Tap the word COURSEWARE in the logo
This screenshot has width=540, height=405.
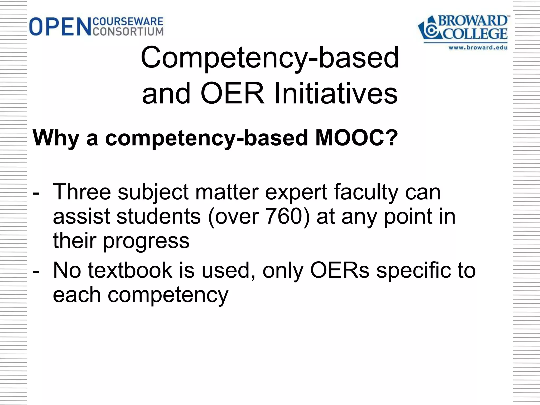[x=128, y=21]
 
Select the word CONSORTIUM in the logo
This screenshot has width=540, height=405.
[x=128, y=31]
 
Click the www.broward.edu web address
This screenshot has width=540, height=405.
[x=478, y=48]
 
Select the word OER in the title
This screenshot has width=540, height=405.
[x=232, y=94]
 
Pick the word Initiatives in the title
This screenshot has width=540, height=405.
[x=336, y=94]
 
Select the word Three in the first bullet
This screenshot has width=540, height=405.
[x=82, y=192]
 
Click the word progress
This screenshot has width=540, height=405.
[x=146, y=241]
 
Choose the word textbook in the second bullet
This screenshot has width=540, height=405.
[x=130, y=271]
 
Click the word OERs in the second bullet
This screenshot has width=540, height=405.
[x=340, y=271]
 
